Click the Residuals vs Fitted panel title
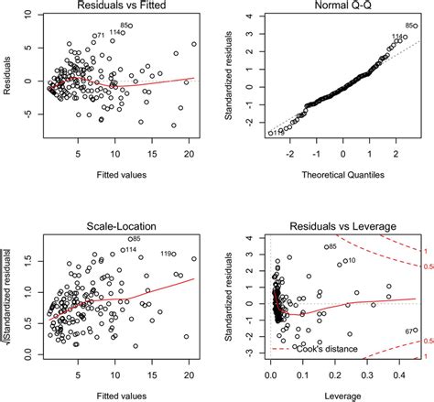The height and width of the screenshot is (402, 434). coord(116,8)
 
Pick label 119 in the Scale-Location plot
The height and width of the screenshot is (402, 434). coord(167,254)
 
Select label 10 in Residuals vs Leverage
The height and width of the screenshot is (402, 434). coord(351,261)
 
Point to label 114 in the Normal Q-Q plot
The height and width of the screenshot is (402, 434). coord(397,37)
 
